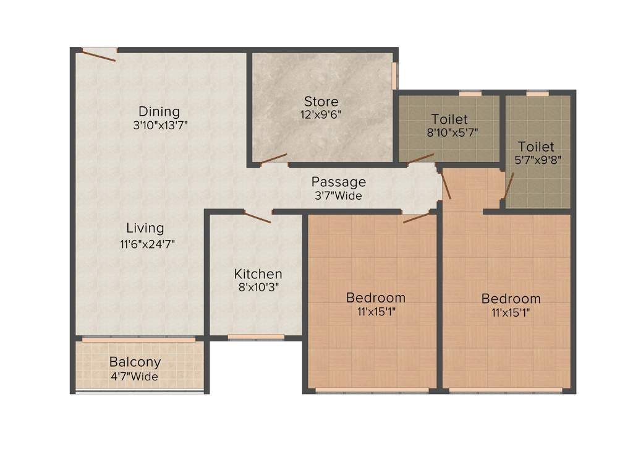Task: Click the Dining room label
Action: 159,111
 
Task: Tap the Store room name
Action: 321,101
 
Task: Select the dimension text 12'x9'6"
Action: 321,114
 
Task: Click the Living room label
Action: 145,228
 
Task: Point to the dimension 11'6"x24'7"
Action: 148,244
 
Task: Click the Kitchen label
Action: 258,273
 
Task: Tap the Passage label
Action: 338,182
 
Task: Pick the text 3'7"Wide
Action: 338,196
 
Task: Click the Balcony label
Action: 135,362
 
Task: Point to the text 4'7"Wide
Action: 135,376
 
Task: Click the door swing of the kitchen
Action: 257,216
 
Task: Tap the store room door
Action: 273,159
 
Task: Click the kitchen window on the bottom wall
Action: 256,337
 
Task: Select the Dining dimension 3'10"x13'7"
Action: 159,125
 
